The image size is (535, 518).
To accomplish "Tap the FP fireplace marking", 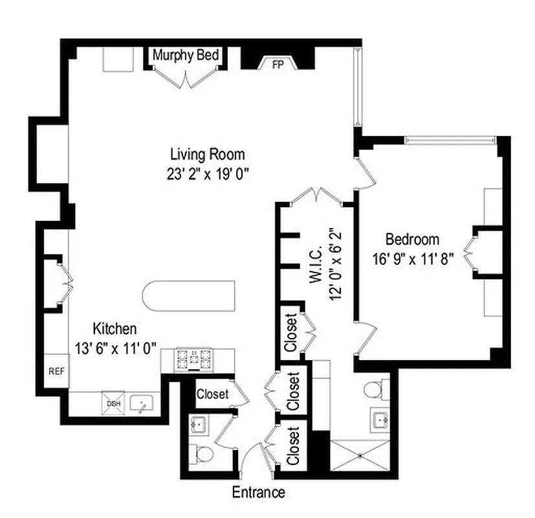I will [x=278, y=65].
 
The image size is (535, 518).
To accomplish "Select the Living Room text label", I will [x=207, y=154].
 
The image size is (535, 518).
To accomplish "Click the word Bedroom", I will [x=413, y=239].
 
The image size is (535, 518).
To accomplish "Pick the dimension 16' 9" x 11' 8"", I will [x=413, y=258].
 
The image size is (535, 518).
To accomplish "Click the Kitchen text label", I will [x=115, y=328].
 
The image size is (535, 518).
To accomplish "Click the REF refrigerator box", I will [x=56, y=372].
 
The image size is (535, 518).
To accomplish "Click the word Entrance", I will [x=259, y=492].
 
